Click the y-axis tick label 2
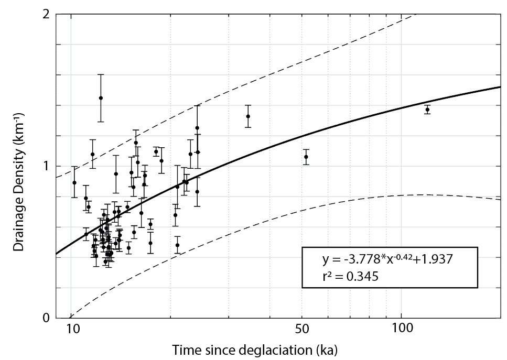tap(46, 14)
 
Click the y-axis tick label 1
tap(46, 166)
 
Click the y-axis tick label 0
tap(46, 317)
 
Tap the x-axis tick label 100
tap(401, 331)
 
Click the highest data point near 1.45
tap(101, 98)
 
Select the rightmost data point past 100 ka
tap(427, 110)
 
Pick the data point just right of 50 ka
tap(306, 157)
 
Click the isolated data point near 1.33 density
tap(248, 116)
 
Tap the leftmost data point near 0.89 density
tap(74, 182)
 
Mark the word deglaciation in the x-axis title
tap(283, 349)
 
